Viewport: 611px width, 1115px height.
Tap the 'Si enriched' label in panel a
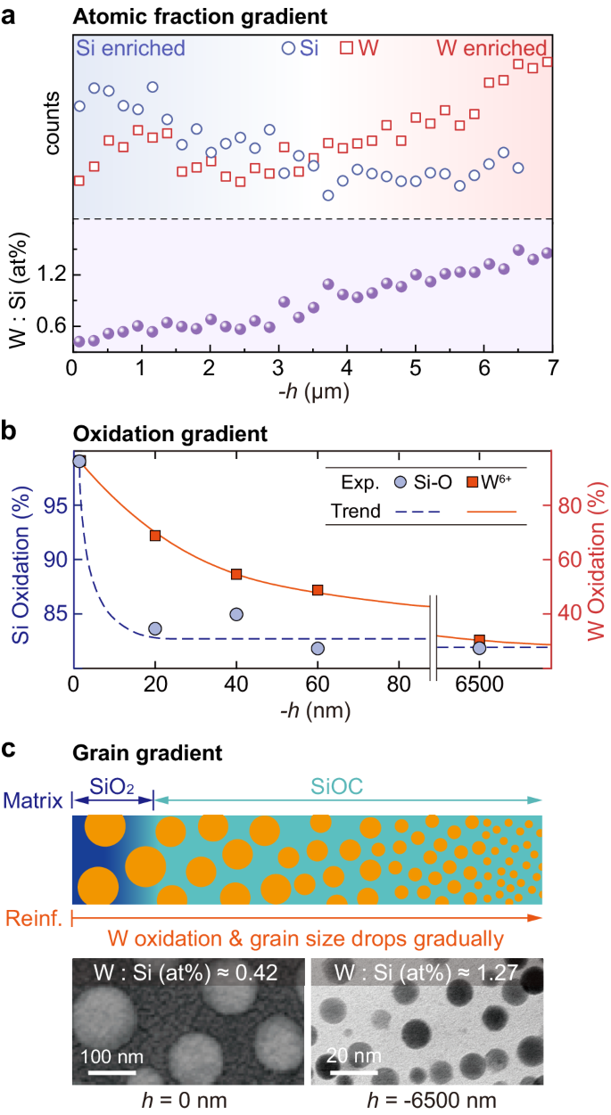click(130, 48)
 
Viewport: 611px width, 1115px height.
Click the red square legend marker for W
click(346, 48)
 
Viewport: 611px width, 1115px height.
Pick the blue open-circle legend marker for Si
click(287, 48)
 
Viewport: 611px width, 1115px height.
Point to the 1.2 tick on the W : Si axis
click(51, 275)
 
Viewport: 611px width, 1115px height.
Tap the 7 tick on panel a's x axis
click(552, 368)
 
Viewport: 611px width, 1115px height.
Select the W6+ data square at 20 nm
click(155, 535)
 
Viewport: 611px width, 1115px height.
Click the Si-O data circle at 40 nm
click(236, 614)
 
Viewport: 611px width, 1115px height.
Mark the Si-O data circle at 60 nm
click(318, 648)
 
